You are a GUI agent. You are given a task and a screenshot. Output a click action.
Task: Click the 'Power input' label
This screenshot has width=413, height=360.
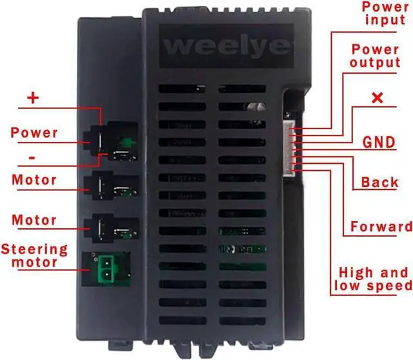[385, 13]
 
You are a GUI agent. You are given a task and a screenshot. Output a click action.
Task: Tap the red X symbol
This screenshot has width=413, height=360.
[378, 99]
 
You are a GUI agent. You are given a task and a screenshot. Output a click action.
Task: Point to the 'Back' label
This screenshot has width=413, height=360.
[380, 183]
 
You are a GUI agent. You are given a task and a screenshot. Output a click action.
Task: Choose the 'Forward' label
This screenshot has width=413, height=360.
[381, 226]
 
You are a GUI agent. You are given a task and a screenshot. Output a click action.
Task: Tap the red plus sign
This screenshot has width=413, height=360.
[33, 99]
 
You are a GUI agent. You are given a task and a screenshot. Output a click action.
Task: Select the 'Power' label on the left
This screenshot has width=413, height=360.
[34, 134]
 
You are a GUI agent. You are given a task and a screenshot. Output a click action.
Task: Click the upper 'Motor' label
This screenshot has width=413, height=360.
[34, 179]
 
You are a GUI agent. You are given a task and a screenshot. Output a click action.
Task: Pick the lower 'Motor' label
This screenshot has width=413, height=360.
[34, 220]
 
